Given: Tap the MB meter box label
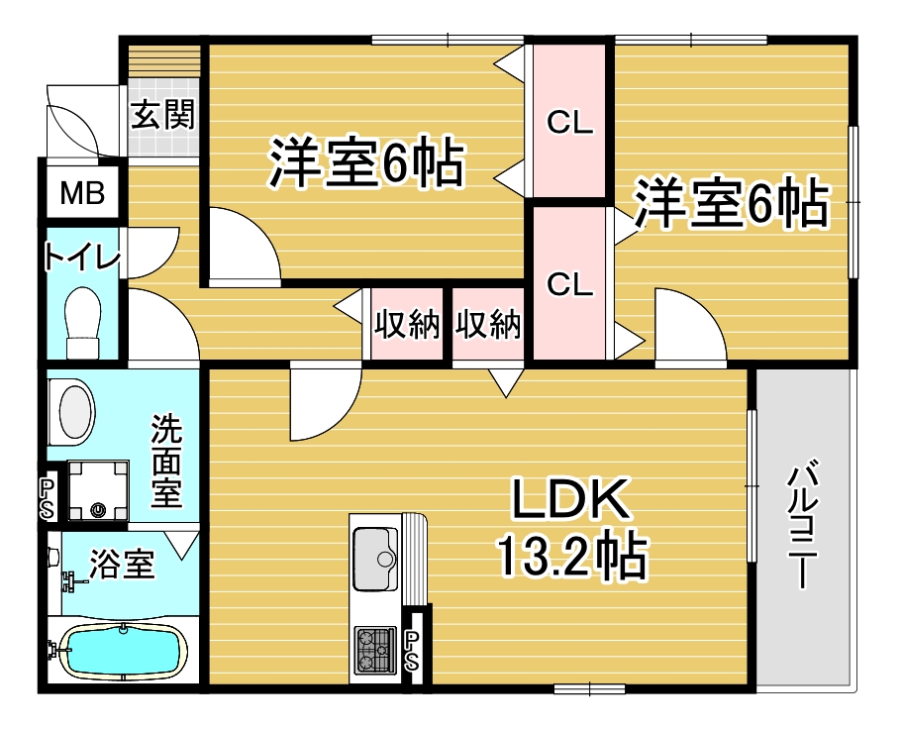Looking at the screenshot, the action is click(x=83, y=193).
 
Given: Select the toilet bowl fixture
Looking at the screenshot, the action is click(x=83, y=323).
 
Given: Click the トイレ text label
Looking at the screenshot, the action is click(x=83, y=258).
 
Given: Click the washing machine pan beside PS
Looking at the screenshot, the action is click(x=98, y=489).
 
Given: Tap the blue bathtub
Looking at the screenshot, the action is click(x=123, y=652).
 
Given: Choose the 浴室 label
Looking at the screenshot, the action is click(x=123, y=564).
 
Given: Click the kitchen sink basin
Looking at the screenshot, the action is click(x=375, y=559).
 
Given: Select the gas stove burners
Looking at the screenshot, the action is click(x=375, y=650).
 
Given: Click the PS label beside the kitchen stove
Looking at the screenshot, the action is click(x=413, y=650).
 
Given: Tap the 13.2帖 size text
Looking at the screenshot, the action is click(x=572, y=556).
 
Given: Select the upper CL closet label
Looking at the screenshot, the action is click(x=569, y=123).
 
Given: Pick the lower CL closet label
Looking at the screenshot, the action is click(x=569, y=284).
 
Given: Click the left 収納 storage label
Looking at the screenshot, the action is click(x=407, y=325).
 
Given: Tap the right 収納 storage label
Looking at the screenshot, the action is click(x=488, y=325).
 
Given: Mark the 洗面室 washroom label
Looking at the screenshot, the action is click(x=166, y=461).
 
